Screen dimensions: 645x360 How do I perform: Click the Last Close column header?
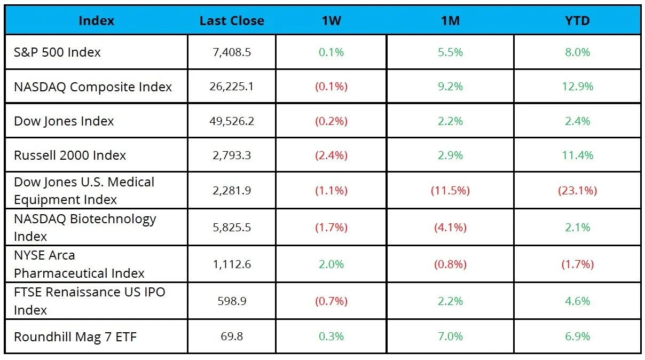(232, 21)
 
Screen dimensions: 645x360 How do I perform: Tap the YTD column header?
(577, 21)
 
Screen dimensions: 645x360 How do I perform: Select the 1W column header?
(331, 21)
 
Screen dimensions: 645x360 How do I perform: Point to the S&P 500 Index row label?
(57, 52)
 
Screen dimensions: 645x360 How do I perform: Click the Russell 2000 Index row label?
(70, 155)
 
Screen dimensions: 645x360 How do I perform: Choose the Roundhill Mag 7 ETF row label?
(75, 336)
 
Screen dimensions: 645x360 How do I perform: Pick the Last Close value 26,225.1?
(232, 87)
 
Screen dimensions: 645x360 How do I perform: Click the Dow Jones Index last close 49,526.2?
(232, 121)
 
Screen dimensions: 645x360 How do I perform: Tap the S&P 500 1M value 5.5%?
(450, 52)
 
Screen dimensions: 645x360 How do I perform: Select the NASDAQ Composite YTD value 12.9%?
(578, 87)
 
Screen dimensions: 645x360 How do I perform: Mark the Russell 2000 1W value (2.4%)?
(331, 155)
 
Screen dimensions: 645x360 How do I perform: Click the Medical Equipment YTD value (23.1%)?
(578, 190)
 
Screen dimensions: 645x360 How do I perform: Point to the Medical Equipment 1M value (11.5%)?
(450, 190)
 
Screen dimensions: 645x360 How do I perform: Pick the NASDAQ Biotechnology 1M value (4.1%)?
(450, 228)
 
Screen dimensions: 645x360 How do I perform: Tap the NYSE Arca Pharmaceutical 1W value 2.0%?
(331, 264)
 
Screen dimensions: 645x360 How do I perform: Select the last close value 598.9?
(232, 301)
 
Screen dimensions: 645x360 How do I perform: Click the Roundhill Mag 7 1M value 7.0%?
(450, 336)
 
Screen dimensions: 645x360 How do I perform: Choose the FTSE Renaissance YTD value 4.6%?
(578, 301)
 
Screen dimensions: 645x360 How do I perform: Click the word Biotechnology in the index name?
(113, 220)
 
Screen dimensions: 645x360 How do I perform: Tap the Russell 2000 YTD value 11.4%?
(578, 155)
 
